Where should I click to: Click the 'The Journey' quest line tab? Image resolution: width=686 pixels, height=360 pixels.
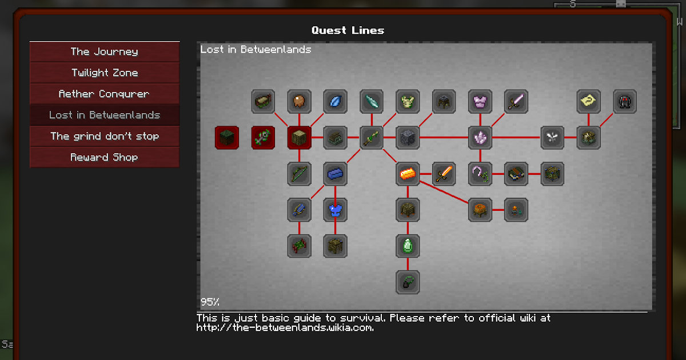(104, 51)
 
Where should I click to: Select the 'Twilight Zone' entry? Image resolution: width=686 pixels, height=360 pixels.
(104, 73)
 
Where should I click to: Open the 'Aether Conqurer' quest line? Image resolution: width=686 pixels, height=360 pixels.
(104, 94)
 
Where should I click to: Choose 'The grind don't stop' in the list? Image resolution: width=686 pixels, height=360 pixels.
(104, 136)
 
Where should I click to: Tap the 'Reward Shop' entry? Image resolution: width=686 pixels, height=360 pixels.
(104, 157)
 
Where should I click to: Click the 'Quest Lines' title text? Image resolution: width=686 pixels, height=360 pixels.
(348, 30)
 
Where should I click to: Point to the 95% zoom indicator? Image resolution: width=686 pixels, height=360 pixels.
(210, 302)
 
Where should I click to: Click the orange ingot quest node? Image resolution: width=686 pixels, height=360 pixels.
(408, 174)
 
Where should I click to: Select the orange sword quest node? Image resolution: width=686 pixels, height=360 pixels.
(444, 174)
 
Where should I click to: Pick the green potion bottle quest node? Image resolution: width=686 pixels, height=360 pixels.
(408, 246)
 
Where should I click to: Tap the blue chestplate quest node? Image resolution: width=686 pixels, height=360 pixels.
(335, 210)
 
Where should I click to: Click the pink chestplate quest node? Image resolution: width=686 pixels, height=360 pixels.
(480, 102)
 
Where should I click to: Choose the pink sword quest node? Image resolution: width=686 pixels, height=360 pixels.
(516, 102)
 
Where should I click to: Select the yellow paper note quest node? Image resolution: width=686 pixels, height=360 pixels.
(588, 102)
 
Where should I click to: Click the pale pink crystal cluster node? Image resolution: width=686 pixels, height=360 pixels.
(480, 138)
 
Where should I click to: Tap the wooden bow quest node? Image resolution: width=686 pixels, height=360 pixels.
(299, 174)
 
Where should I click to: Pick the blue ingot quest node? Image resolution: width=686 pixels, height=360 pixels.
(335, 174)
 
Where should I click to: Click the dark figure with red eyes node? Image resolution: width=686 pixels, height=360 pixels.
(624, 102)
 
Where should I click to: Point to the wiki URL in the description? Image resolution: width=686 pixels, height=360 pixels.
(285, 328)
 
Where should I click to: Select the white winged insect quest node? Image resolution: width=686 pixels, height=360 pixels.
(552, 138)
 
